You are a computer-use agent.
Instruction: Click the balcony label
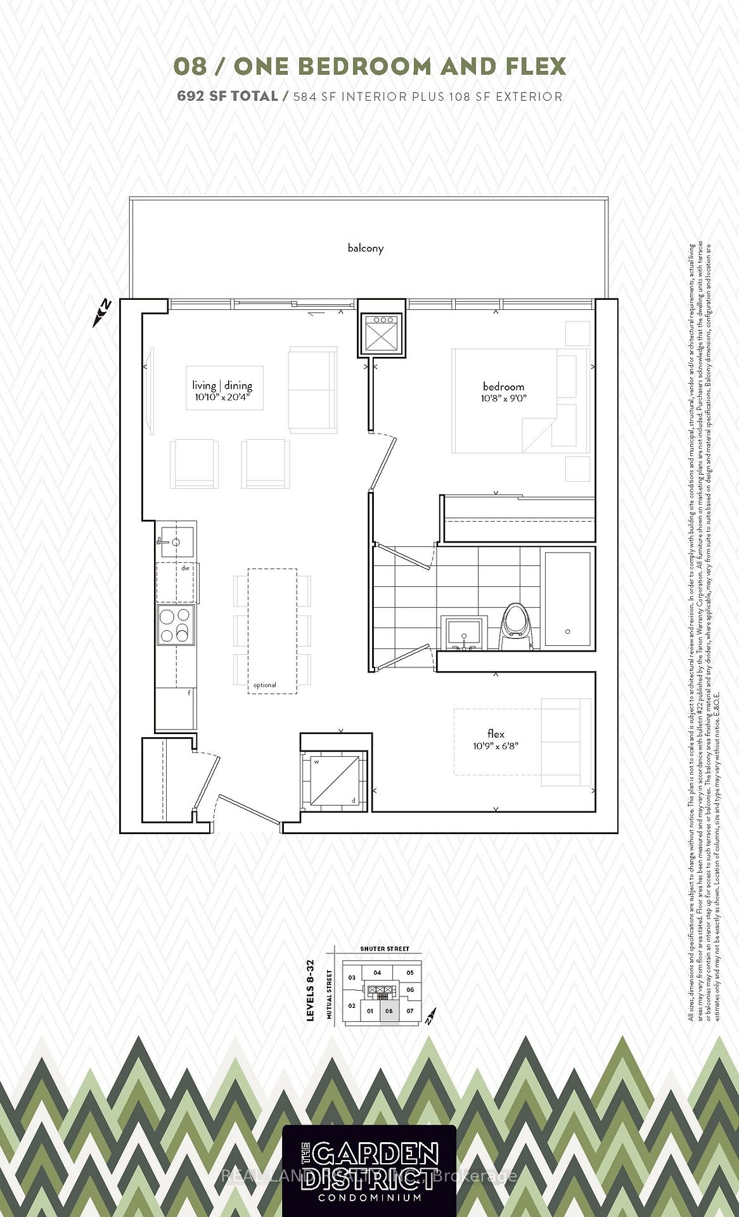(x=366, y=248)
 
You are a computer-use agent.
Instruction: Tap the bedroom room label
(x=503, y=387)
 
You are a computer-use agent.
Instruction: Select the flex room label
(x=496, y=734)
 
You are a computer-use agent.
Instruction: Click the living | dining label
(x=222, y=385)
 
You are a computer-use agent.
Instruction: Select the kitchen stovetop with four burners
(x=176, y=625)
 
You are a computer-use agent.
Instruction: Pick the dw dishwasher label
(x=185, y=569)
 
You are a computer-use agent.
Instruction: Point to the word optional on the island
(x=264, y=685)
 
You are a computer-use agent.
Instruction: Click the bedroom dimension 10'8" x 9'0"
(x=504, y=399)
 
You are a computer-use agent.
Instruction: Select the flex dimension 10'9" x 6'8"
(x=496, y=746)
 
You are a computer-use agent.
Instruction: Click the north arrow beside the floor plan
(x=102, y=312)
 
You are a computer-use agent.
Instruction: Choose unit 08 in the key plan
(x=389, y=1011)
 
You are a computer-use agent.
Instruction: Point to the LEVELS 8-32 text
(x=311, y=990)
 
